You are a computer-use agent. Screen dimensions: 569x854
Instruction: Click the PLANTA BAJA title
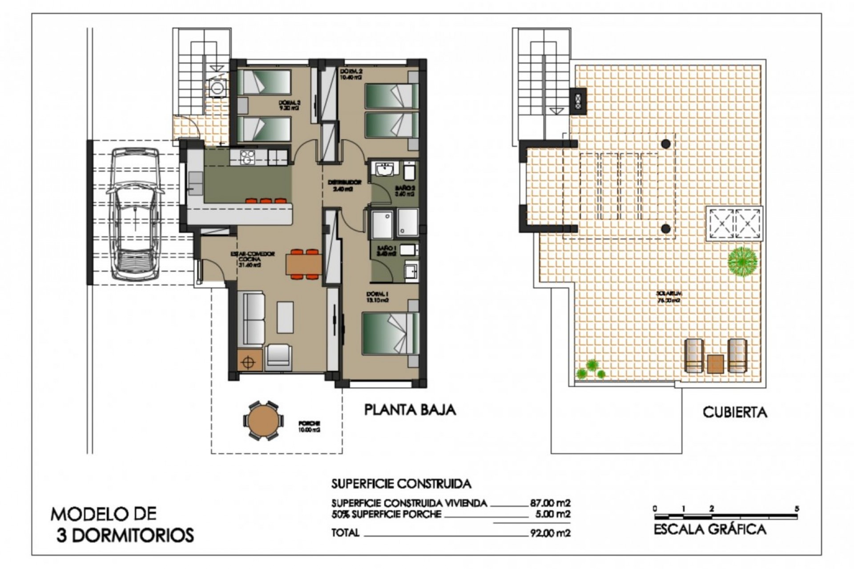[x=410, y=409]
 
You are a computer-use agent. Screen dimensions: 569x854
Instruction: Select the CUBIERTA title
[x=735, y=413]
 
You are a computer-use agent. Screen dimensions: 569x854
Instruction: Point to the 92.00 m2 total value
[x=550, y=533]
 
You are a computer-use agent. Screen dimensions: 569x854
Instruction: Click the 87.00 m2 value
[x=550, y=503]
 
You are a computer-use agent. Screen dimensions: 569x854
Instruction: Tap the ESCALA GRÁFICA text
[x=710, y=530]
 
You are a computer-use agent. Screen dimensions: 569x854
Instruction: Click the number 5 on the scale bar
[x=797, y=509]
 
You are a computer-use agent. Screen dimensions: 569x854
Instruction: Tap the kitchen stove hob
[x=247, y=156]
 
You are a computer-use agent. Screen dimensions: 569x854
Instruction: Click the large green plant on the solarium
[x=742, y=261]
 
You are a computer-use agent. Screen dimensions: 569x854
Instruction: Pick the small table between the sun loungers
[x=715, y=364]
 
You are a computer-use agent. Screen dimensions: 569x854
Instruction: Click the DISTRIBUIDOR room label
[x=345, y=182]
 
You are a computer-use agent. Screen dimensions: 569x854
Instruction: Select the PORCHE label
[x=310, y=424]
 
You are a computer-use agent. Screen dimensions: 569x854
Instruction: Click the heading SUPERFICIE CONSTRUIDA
[x=401, y=483]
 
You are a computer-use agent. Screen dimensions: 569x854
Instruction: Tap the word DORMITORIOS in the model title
[x=133, y=535]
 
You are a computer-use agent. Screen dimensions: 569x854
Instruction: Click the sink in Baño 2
[x=384, y=169]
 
